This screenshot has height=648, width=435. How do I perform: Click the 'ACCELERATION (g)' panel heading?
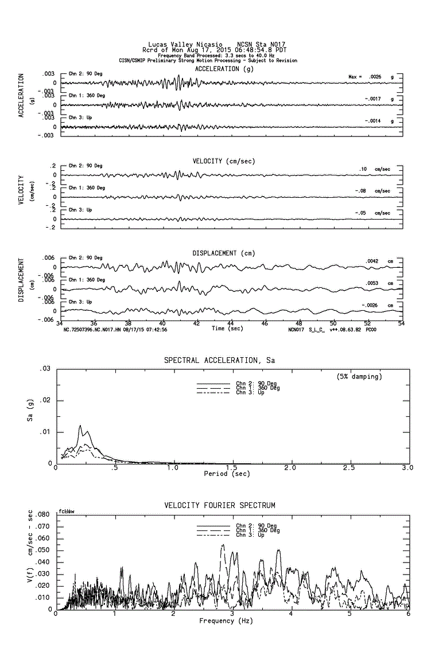click(x=224, y=69)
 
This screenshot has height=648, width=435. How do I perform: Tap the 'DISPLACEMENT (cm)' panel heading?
click(x=224, y=253)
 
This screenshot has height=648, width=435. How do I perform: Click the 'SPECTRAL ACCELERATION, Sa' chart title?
click(x=220, y=361)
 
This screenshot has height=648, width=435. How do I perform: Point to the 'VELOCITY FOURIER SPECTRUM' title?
click(x=220, y=506)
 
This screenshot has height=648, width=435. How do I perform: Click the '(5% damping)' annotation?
click(x=359, y=377)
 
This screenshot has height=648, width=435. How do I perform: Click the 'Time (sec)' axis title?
click(x=227, y=329)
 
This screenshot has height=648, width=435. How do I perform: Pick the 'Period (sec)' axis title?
click(x=227, y=474)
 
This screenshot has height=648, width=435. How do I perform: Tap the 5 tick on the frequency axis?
click(x=349, y=614)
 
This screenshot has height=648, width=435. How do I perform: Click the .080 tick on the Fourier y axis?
click(x=44, y=515)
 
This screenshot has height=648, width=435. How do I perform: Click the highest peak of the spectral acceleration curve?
click(x=80, y=426)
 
